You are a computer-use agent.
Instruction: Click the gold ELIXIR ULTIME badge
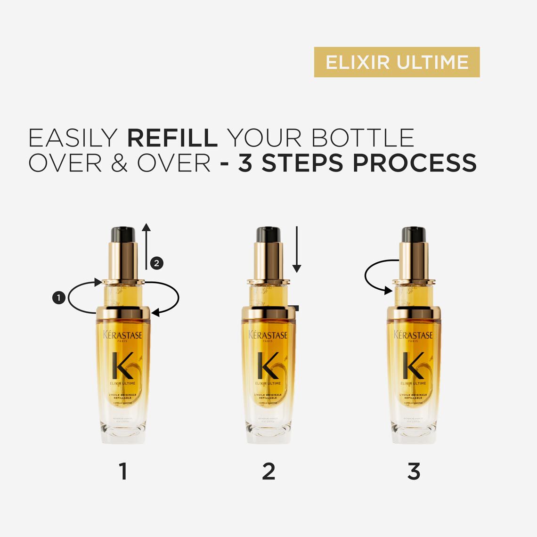click(x=397, y=62)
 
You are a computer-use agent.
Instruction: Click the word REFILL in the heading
click(x=172, y=138)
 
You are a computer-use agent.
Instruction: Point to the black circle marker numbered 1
click(x=58, y=297)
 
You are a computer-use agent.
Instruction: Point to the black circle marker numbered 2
click(x=157, y=263)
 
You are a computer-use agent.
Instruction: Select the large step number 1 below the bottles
click(x=123, y=471)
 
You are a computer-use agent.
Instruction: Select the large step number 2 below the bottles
click(x=268, y=471)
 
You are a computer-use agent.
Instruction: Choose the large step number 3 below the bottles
click(x=414, y=471)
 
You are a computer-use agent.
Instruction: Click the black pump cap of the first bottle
click(x=123, y=234)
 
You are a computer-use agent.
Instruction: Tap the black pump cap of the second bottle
click(x=268, y=234)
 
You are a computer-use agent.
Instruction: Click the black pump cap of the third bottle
click(x=414, y=234)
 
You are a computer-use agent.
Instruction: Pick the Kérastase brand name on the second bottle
click(x=268, y=335)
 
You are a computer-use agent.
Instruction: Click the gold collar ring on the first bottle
click(x=123, y=312)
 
